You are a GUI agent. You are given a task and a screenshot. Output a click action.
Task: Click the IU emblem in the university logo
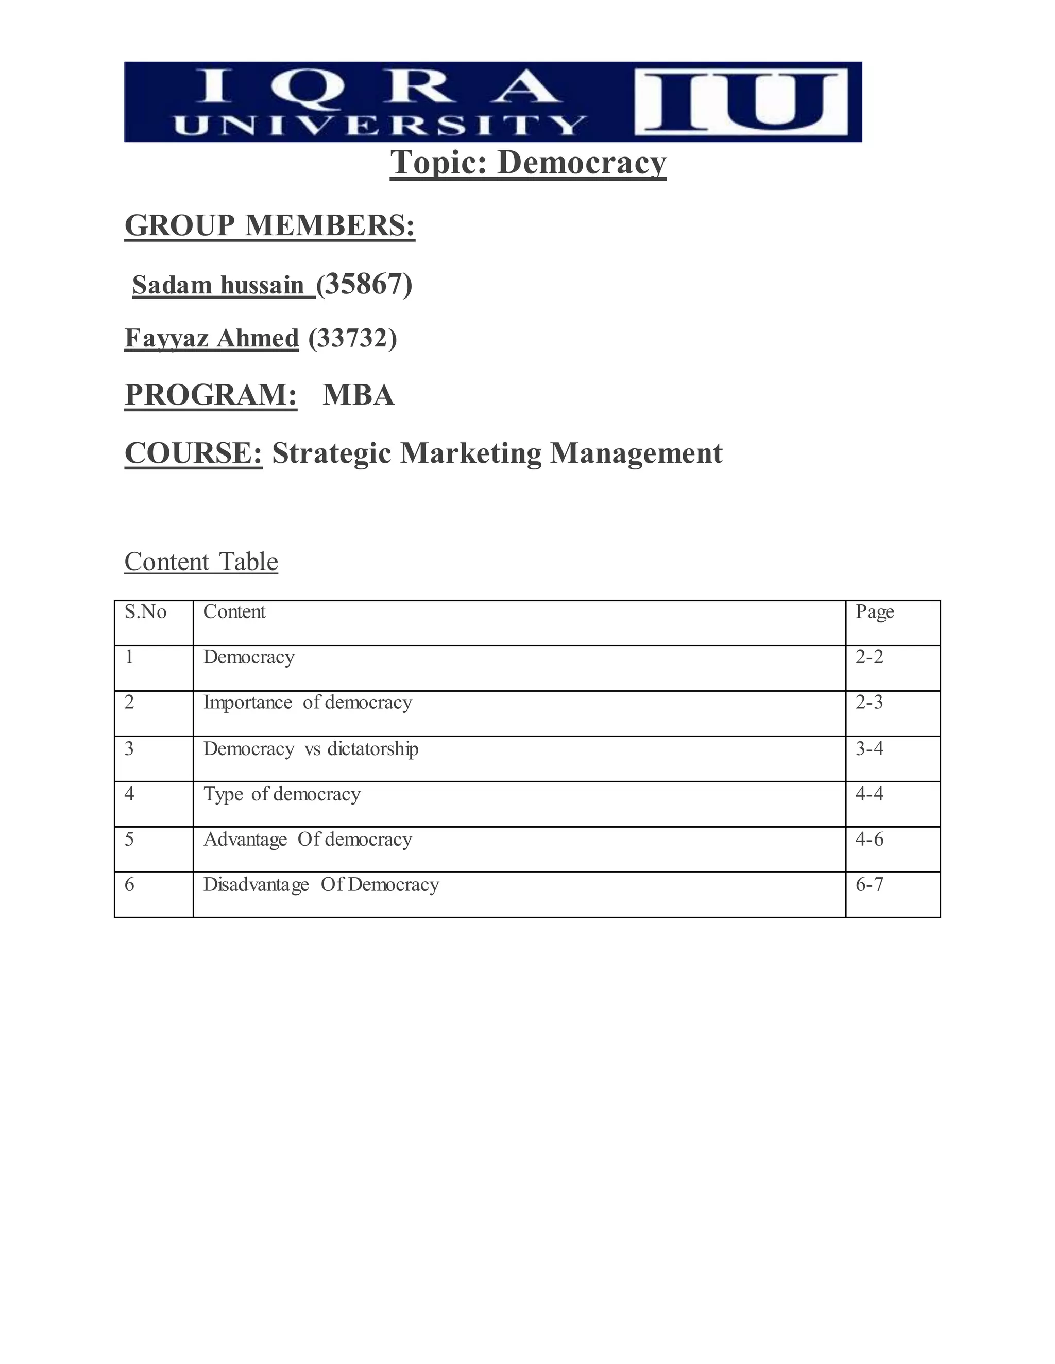741,102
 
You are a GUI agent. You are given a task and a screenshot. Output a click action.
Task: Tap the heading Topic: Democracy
528,163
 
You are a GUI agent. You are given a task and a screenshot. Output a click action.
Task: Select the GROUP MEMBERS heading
269,225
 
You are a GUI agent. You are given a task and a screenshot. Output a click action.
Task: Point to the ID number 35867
364,284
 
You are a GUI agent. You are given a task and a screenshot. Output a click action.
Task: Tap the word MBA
358,395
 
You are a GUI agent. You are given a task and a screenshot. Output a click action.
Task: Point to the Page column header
874,612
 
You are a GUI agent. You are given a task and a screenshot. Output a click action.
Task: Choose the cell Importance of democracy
308,703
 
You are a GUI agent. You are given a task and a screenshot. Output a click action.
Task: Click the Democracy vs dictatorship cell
311,748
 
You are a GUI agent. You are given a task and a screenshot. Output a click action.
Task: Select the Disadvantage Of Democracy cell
320,884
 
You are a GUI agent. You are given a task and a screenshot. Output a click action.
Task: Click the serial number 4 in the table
129,794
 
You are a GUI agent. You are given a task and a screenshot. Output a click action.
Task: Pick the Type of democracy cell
282,794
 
